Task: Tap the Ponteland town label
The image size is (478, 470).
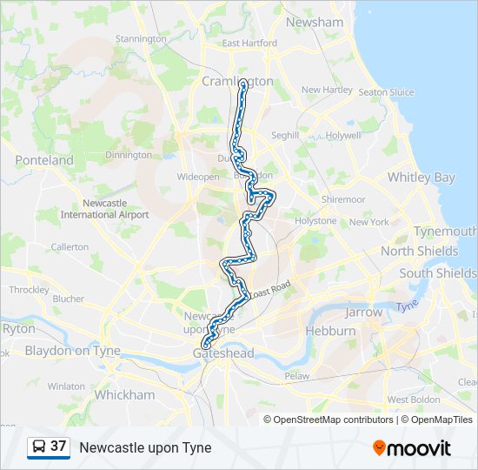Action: pos(44,160)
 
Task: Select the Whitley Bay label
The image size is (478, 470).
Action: pos(421,178)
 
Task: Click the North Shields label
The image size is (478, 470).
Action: pos(419,252)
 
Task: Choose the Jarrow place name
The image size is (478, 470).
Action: pos(363,312)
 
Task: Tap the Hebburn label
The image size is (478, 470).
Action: pos(330,332)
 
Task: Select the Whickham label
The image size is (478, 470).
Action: pos(124,394)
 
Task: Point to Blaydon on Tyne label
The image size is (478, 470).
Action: pos(73,352)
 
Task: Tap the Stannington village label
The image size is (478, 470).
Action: pos(141,39)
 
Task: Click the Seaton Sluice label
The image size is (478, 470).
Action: pos(386,92)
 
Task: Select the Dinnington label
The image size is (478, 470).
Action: pos(129,155)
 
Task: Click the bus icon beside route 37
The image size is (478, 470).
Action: pos(38,446)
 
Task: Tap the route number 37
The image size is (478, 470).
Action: pos(58,446)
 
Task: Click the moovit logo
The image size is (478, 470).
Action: pos(412,447)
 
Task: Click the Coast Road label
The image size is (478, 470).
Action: pos(269,292)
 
